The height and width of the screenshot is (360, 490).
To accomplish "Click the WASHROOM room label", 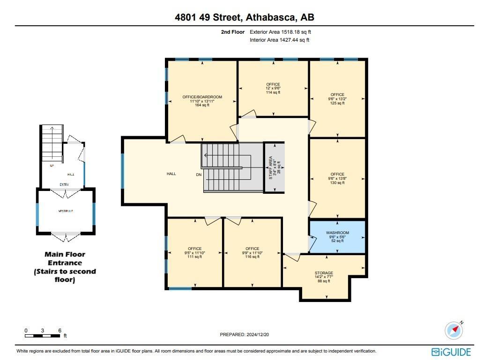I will pos(337,233).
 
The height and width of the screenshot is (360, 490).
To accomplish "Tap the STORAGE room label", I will pos(324,273).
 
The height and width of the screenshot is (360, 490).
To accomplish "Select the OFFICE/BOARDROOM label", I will pos(202,97).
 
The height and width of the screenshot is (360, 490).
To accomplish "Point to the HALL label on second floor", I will pos(171,174).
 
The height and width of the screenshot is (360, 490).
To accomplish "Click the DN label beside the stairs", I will pos(199,174).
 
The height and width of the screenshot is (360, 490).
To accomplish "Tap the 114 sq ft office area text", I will pos(273,93).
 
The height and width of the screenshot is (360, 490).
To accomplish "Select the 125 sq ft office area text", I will pos(337,103).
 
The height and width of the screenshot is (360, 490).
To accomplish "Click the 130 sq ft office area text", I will pos(337,183).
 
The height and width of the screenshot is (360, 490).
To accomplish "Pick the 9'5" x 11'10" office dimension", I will pos(194,253).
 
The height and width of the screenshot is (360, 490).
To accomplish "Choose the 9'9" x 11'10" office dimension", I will pos(252,253).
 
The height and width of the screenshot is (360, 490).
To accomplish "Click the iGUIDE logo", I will pos(451,352).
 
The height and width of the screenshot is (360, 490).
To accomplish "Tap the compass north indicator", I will pos(454,330).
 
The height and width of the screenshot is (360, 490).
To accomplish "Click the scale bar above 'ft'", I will pos(43,335).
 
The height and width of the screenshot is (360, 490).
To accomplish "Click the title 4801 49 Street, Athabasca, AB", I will pos(245,18).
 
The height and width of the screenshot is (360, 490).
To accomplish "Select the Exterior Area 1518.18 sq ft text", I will pos(280,32).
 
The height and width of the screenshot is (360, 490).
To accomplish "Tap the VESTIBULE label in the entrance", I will pos(66,211).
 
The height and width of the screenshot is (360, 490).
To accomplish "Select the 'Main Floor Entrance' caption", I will pos(65,258).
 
